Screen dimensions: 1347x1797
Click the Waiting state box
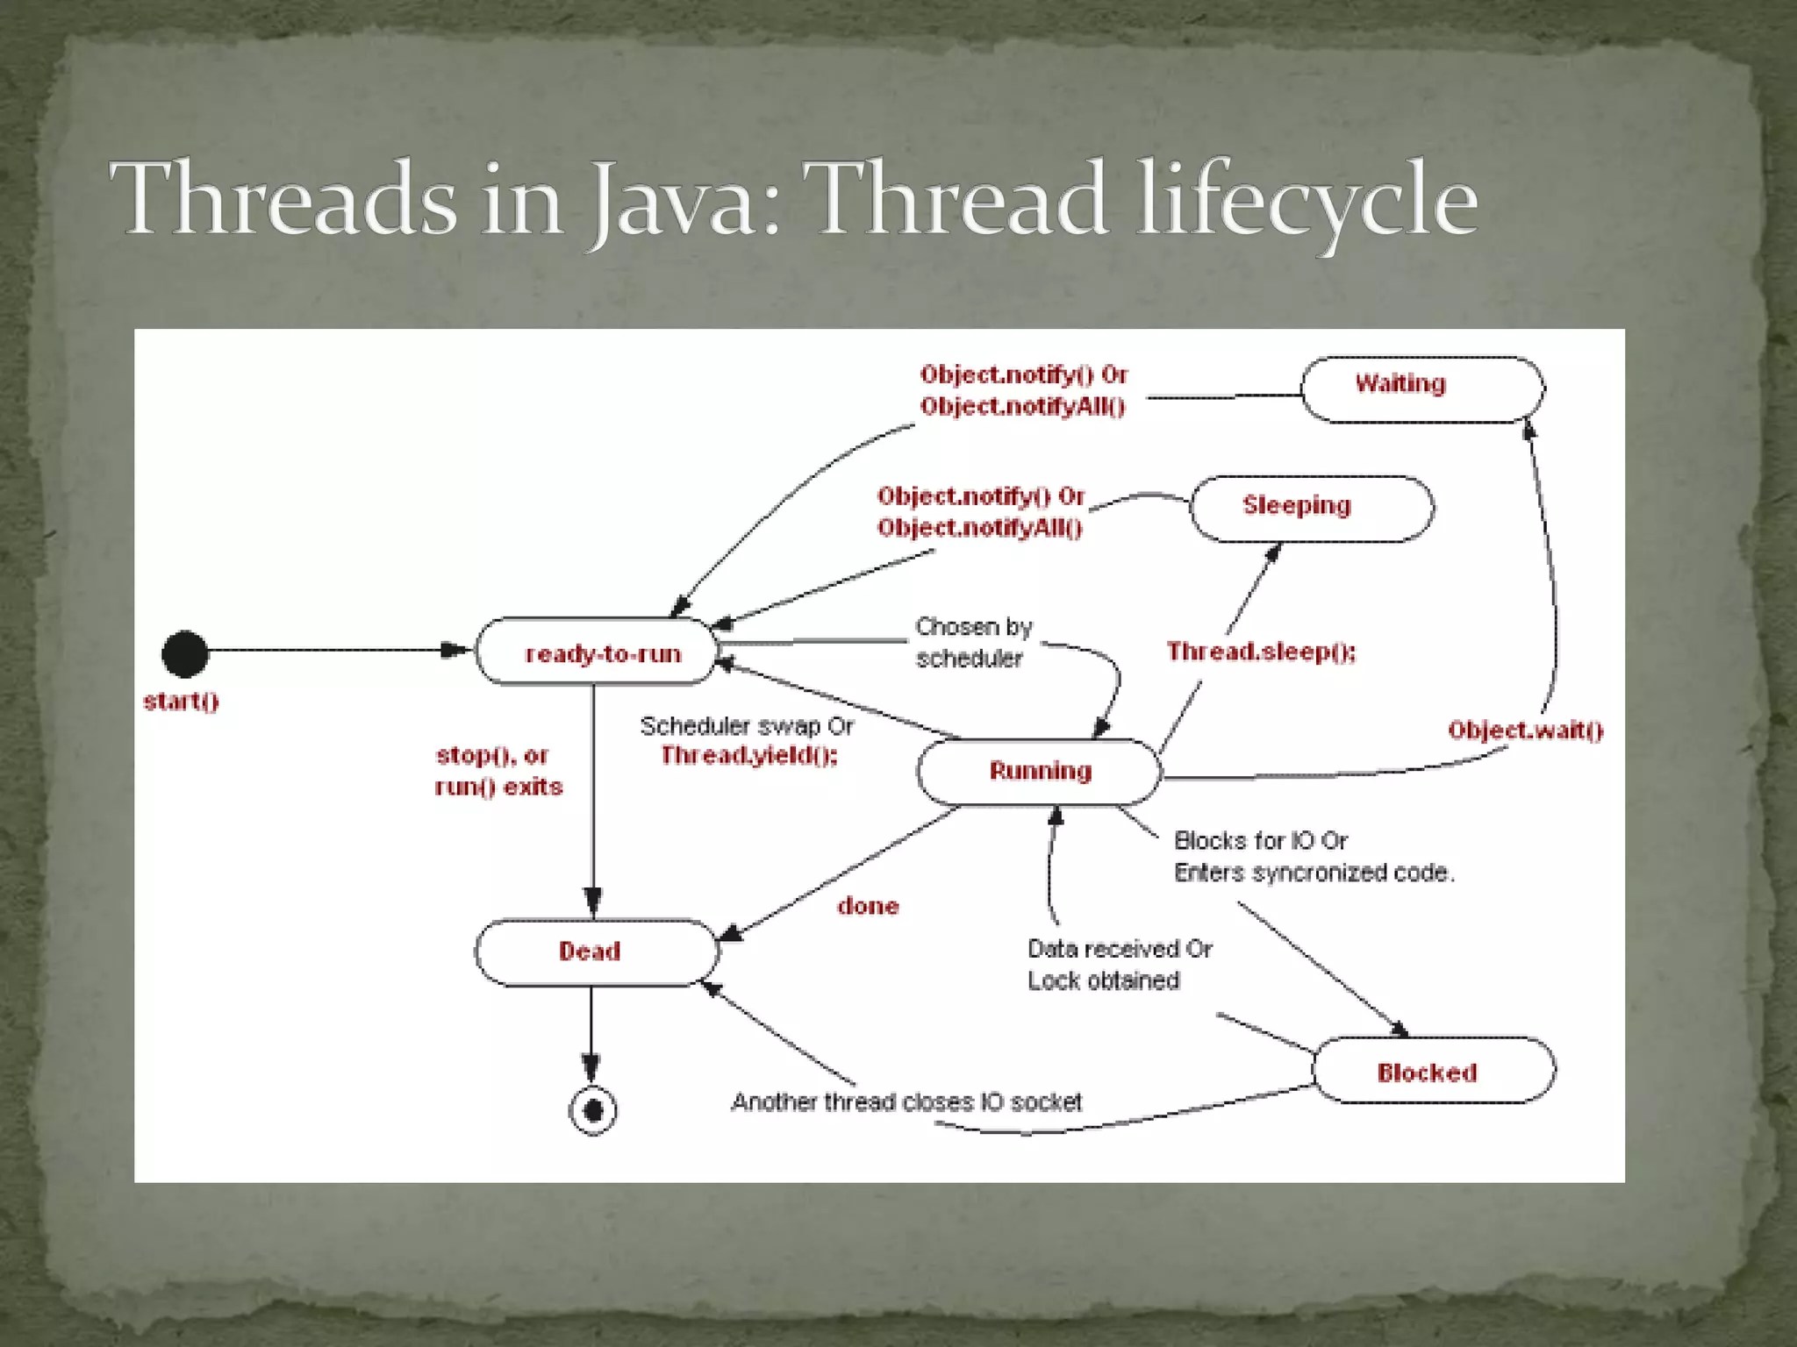[x=1421, y=388]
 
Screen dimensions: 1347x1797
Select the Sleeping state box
[x=1311, y=509]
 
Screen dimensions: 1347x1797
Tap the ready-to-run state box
[x=598, y=652]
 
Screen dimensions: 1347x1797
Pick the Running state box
[x=1039, y=772]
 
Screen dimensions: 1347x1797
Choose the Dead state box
[x=596, y=952]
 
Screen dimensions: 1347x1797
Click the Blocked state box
[x=1433, y=1071]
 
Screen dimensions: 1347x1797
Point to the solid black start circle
[x=185, y=653]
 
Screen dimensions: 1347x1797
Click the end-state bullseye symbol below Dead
[x=592, y=1111]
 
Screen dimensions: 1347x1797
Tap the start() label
[x=181, y=702]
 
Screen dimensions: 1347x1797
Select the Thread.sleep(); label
[x=1260, y=652]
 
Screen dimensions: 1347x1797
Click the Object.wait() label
[x=1525, y=731]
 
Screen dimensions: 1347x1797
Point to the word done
[x=868, y=906]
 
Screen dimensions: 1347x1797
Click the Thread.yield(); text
[x=748, y=755]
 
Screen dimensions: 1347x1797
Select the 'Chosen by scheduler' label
[x=972, y=642]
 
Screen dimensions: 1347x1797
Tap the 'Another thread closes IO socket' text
[x=906, y=1101]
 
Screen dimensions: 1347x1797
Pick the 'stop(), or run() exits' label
[x=498, y=771]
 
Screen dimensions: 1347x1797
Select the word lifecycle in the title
[x=1307, y=199]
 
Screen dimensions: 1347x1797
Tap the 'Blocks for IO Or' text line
[x=1260, y=841]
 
